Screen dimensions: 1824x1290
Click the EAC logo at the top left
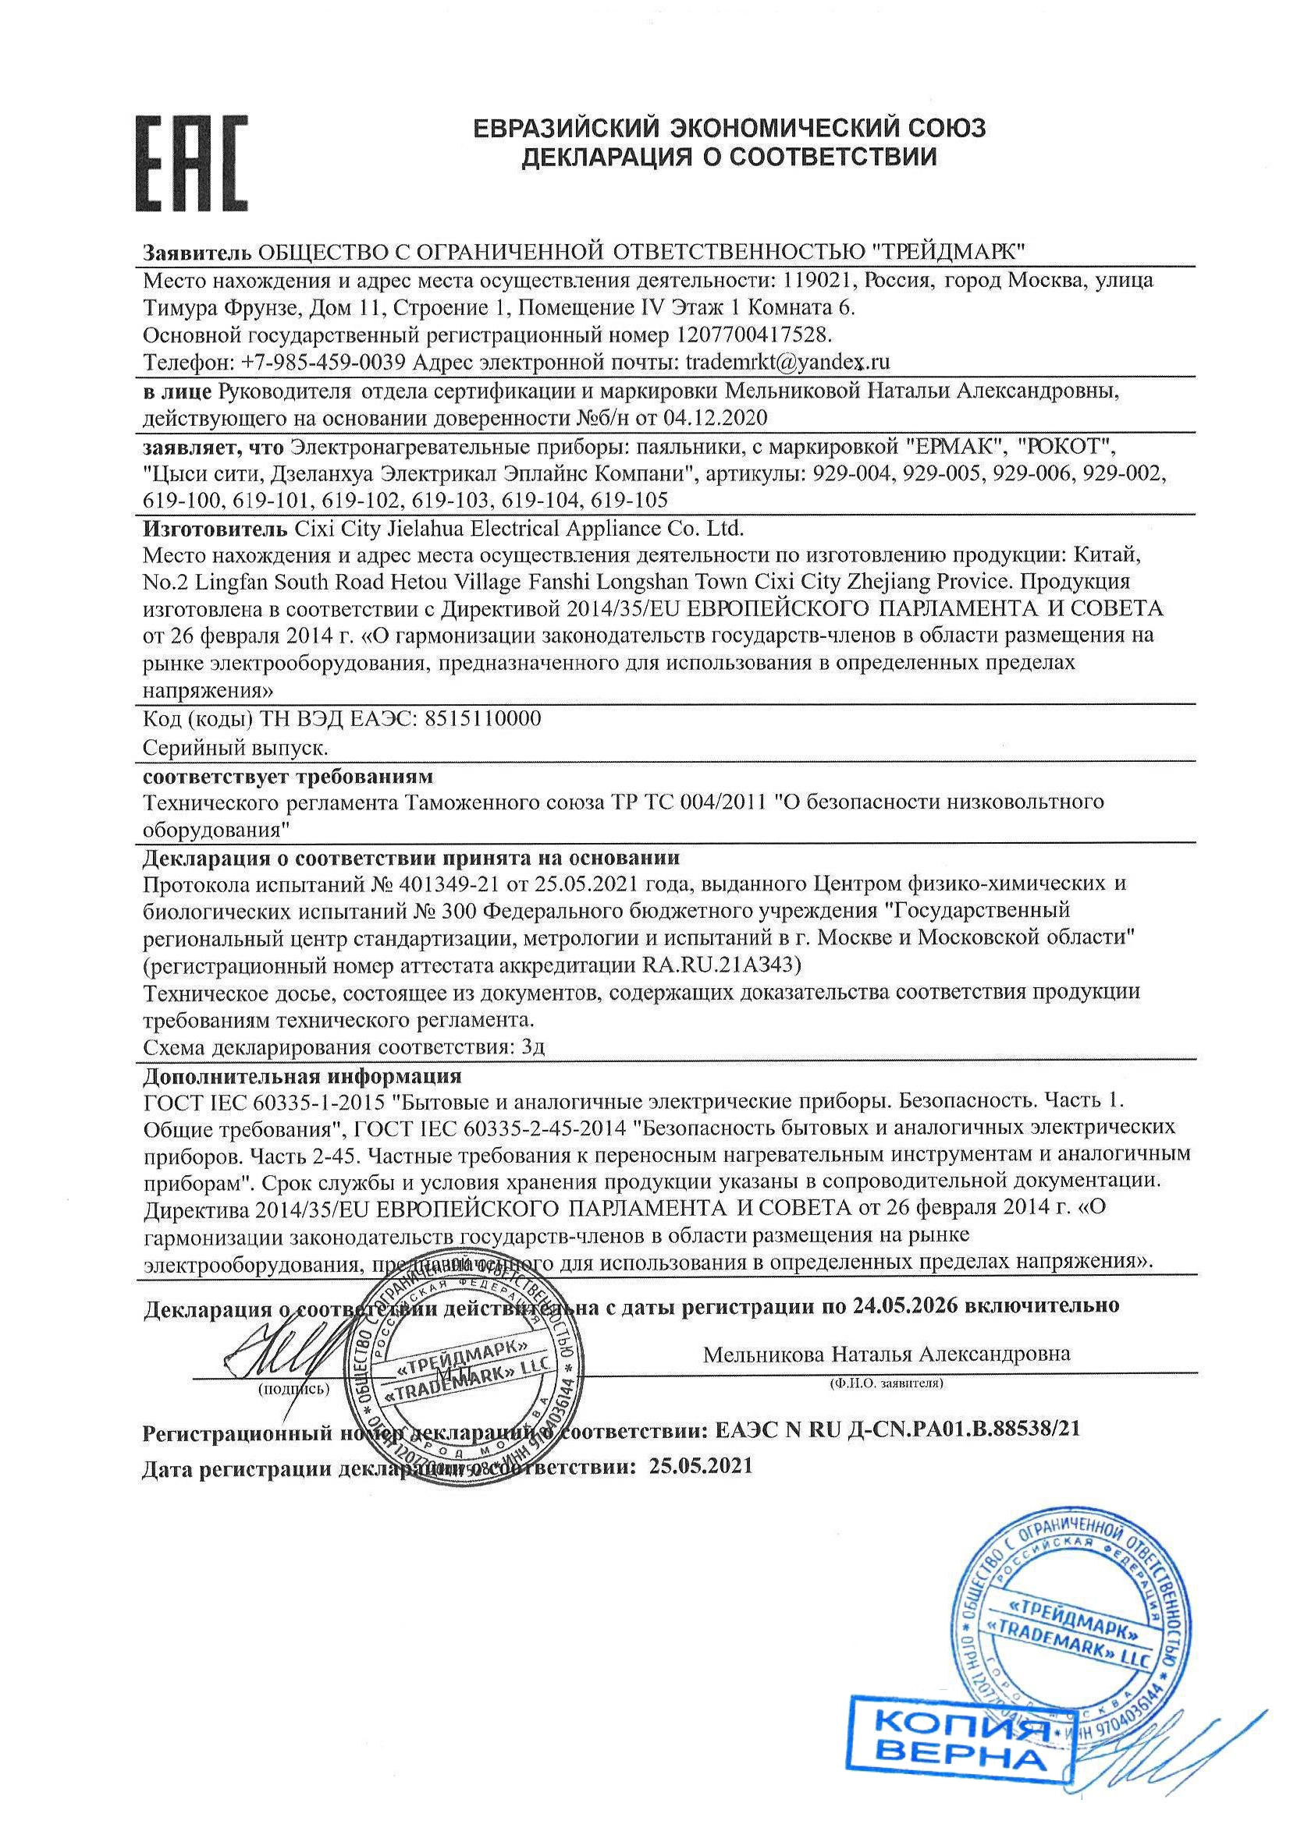point(190,163)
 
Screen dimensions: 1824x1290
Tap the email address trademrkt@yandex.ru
point(787,363)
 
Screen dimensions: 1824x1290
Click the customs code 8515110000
point(483,719)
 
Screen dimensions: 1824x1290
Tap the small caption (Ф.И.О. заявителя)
point(886,1383)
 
